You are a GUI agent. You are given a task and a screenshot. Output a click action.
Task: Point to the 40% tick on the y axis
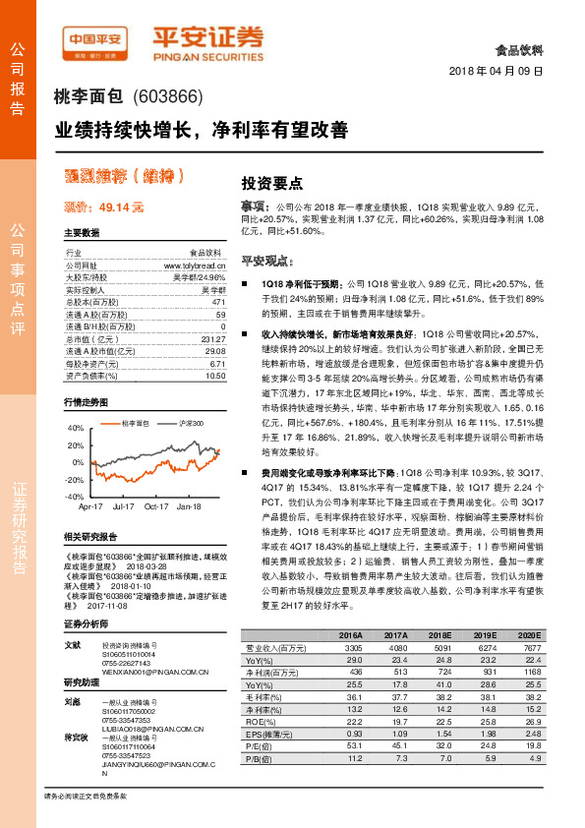pyautogui.click(x=76, y=428)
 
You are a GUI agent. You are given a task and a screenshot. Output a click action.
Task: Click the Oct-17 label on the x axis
pyautogui.click(x=156, y=506)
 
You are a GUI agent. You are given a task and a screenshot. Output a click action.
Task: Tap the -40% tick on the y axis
pyautogui.click(x=74, y=497)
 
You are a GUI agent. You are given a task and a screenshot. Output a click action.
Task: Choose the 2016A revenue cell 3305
pyautogui.click(x=351, y=647)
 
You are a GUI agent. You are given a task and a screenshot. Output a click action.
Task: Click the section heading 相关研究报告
pyautogui.click(x=89, y=537)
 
